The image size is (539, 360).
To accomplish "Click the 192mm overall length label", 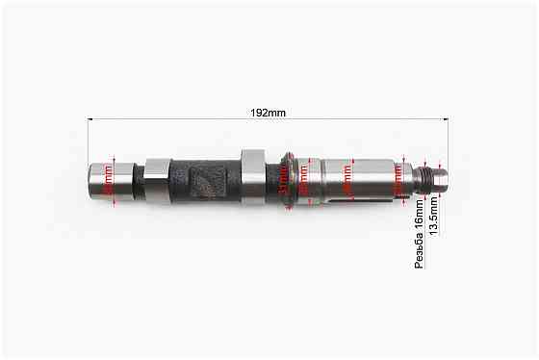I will click(269, 113).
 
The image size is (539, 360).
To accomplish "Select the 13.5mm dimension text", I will click(435, 219).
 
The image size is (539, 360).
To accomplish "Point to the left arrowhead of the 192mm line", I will click(91, 120).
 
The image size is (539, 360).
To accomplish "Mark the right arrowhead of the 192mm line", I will click(446, 120).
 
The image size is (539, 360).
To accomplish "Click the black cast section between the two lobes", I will click(205, 180).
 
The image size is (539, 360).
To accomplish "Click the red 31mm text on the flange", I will click(282, 179).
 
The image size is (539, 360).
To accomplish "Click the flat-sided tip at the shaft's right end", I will click(441, 177).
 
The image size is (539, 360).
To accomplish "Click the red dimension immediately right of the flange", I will click(303, 178).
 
